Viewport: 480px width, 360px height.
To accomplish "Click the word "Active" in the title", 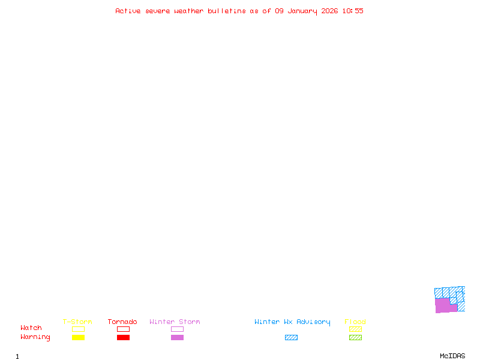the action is click(128, 11).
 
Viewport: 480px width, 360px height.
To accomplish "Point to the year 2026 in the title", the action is click(329, 11).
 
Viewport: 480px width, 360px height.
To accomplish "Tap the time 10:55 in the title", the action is click(353, 11).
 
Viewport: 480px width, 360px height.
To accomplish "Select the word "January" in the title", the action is click(302, 11).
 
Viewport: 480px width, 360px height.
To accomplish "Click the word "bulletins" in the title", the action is click(227, 11).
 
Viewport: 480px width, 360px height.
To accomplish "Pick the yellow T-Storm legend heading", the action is click(77, 322).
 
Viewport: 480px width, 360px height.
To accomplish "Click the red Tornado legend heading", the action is click(122, 322).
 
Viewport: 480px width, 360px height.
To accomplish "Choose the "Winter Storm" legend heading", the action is click(175, 322).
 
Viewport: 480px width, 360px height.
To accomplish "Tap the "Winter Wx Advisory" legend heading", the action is click(292, 322).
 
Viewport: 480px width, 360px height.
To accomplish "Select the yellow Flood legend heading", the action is click(355, 322).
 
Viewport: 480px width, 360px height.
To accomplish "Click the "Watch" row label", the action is click(31, 328).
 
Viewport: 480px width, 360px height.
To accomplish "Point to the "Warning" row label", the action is click(35, 337).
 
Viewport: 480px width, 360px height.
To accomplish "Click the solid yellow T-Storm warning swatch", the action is click(79, 337).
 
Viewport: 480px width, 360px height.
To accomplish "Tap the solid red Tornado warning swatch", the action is click(124, 337).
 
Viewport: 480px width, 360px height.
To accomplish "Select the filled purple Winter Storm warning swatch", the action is click(177, 337).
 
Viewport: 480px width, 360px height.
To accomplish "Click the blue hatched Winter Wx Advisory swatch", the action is click(291, 337).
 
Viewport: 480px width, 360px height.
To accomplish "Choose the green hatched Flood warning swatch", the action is click(355, 337).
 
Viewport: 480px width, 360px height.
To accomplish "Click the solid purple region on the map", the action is click(443, 305).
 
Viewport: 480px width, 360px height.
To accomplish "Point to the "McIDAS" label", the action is click(452, 356).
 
